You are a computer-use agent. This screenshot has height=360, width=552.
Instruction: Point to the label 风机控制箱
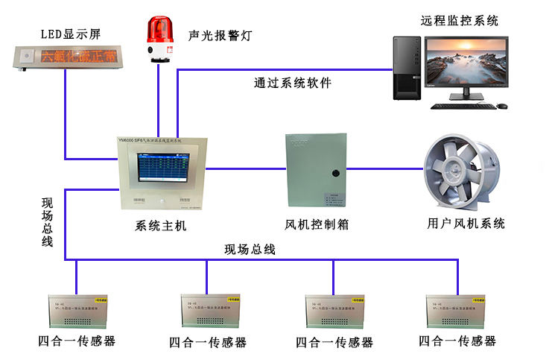[317, 224]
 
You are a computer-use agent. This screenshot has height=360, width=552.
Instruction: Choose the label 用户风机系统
[466, 224]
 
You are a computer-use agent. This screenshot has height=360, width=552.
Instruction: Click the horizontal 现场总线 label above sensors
[250, 250]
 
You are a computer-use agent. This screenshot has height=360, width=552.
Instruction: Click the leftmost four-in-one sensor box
[77, 312]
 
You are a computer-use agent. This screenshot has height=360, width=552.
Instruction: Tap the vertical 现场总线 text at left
[47, 222]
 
